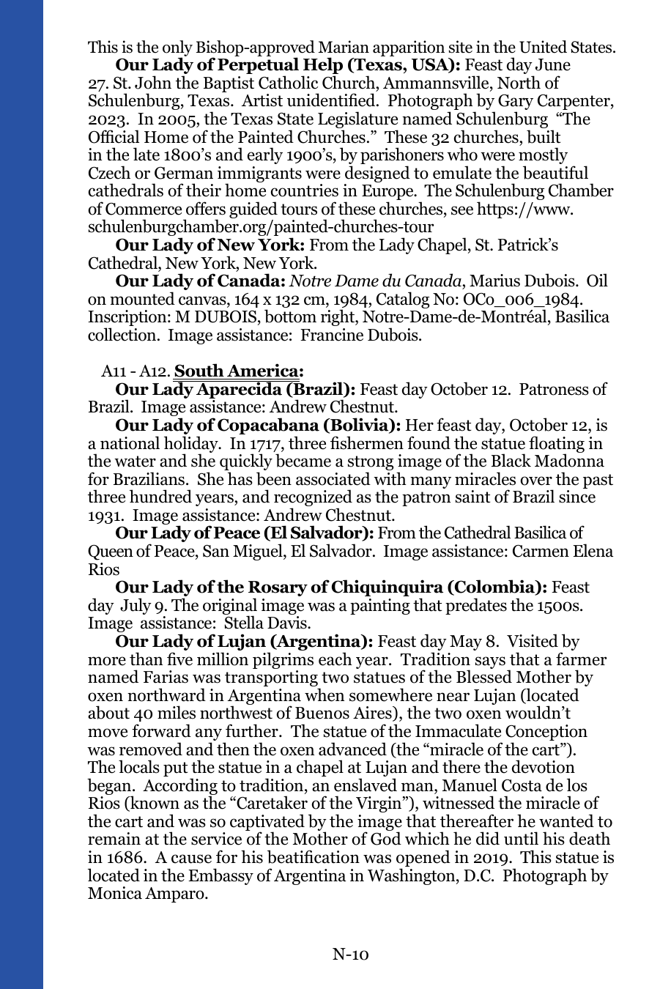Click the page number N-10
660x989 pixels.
pos(350,954)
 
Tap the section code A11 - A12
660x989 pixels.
pos(136,371)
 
